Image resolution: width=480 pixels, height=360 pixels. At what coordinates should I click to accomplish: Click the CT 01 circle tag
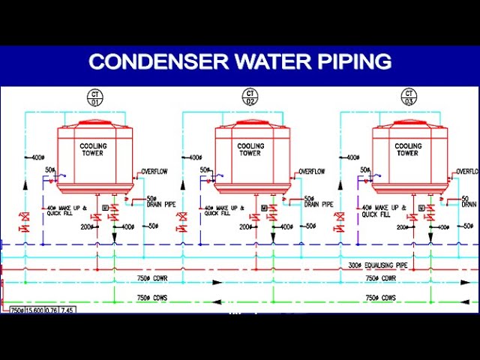pyautogui.click(x=94, y=97)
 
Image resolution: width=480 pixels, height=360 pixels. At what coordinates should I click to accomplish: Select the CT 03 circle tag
pyautogui.click(x=408, y=97)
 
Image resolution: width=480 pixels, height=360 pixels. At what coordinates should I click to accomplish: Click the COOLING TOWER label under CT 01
pyautogui.click(x=94, y=149)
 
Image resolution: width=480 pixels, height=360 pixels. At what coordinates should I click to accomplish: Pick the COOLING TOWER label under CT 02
pyautogui.click(x=250, y=149)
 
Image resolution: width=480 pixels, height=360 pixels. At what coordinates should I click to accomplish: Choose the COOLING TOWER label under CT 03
pyautogui.click(x=408, y=149)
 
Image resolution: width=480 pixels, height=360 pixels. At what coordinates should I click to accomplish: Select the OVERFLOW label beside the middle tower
pyautogui.click(x=311, y=172)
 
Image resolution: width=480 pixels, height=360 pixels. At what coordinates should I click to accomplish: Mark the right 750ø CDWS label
pyautogui.click(x=381, y=298)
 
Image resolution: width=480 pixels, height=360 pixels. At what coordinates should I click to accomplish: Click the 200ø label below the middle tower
pyautogui.click(x=244, y=226)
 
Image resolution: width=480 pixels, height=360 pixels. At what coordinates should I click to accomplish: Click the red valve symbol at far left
pyautogui.click(x=25, y=221)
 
